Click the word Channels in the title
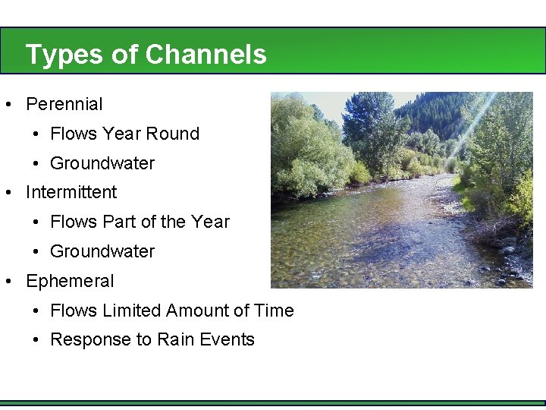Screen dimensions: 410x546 click(206, 55)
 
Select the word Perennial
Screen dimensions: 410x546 click(64, 104)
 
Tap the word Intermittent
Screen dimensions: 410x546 click(71, 192)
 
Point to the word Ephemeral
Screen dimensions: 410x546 click(70, 281)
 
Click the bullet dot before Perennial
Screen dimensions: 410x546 click(8, 105)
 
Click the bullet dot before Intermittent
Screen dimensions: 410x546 click(8, 193)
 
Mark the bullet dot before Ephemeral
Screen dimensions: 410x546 click(8, 282)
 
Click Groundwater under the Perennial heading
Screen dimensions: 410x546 click(102, 163)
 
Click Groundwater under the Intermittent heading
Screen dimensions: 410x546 click(102, 251)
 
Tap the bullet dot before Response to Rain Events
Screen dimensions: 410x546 click(36, 340)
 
